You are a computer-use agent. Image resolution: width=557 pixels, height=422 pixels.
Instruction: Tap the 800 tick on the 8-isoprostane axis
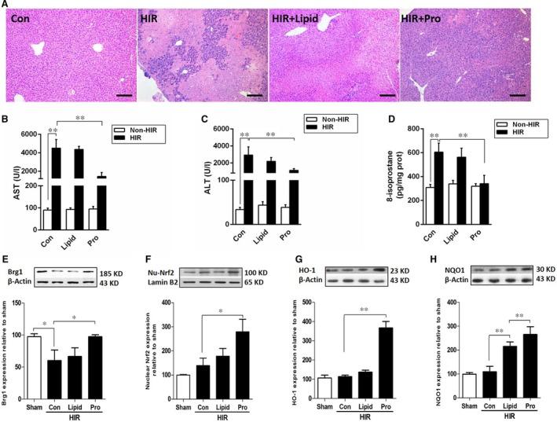pos(420,134)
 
